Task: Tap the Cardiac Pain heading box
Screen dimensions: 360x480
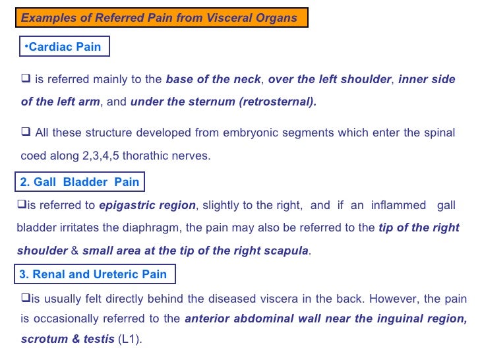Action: tap(63, 47)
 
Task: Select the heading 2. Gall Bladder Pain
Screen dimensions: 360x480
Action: tap(80, 182)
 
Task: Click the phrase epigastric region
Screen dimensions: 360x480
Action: tap(147, 205)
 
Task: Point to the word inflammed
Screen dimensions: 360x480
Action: tap(398, 205)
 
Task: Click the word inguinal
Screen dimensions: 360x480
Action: tap(398, 319)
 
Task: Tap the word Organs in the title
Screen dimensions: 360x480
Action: tap(280, 18)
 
